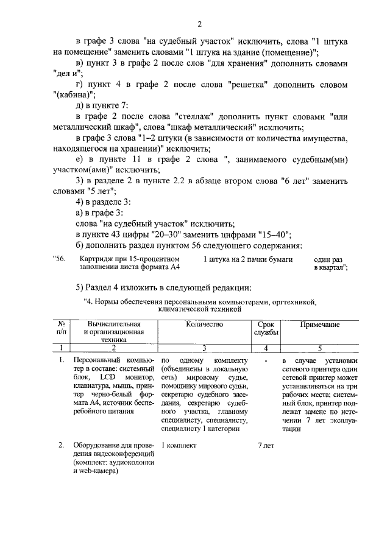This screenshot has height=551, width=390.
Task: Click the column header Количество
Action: [204, 325]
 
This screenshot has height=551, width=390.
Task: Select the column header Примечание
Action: [319, 325]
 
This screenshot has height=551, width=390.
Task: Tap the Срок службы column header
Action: [266, 329]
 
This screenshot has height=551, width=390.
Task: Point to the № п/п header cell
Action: [62, 329]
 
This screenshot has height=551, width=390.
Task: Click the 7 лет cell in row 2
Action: [266, 446]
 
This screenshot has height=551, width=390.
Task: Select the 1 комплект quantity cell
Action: [179, 446]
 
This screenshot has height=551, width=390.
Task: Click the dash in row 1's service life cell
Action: [267, 360]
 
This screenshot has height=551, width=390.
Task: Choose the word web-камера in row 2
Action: [97, 471]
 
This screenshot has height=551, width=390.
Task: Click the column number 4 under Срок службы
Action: [266, 348]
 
